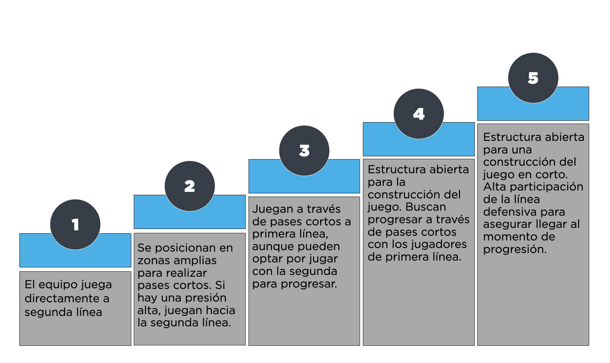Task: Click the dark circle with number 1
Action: [75, 225]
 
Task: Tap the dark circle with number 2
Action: [190, 186]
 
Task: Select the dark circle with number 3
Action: [304, 151]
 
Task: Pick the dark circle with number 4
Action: [419, 114]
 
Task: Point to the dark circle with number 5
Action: [533, 78]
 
